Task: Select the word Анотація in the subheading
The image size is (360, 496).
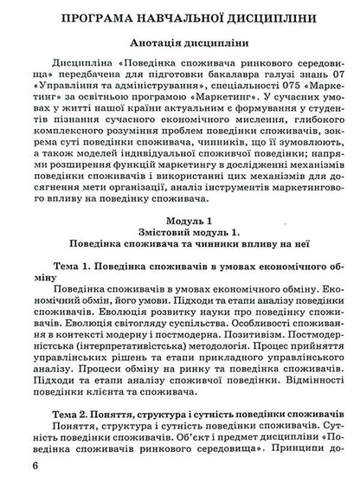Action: click(153, 42)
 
